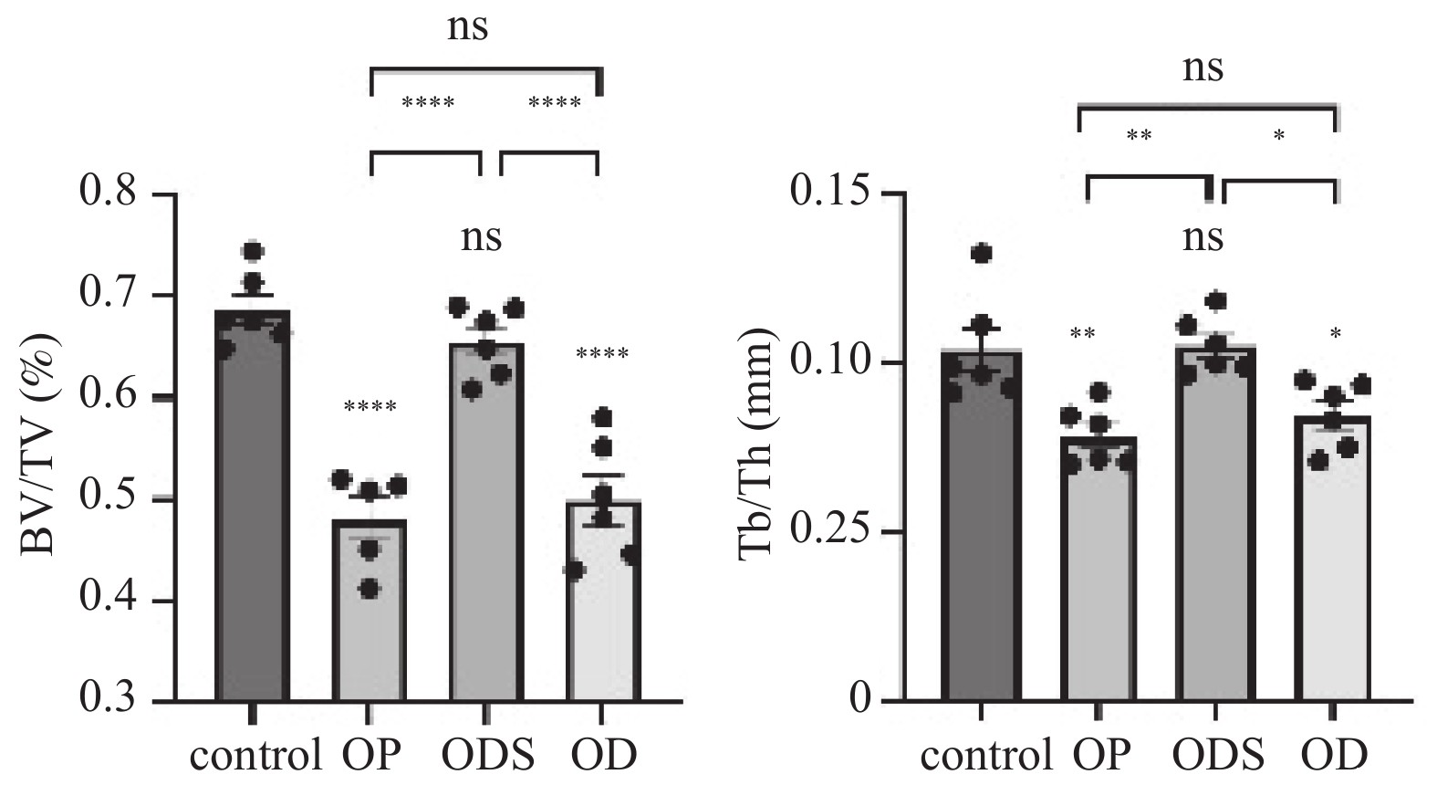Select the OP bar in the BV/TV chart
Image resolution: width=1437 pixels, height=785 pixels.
[x=370, y=621]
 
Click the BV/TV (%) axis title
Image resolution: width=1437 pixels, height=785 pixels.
[x=40, y=445]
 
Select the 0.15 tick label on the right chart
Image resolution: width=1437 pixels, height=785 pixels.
[x=835, y=194]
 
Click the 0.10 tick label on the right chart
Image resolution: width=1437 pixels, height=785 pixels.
[x=835, y=362]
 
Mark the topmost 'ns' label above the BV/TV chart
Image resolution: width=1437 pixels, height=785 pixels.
[x=468, y=28]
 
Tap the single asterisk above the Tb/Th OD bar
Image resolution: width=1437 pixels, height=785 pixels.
[x=1335, y=335]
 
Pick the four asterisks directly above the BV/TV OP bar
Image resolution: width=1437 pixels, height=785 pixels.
[x=370, y=406]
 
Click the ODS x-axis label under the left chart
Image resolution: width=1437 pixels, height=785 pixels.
[x=488, y=756]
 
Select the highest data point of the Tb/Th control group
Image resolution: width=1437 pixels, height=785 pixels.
[x=982, y=253]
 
